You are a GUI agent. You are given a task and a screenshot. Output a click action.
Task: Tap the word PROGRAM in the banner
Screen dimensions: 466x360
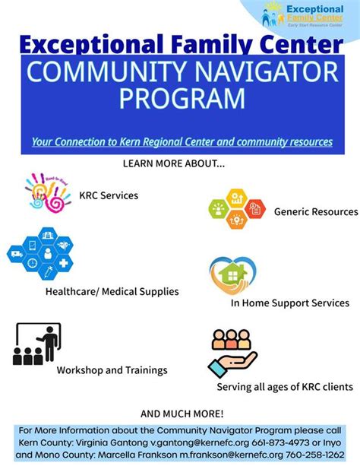(180, 99)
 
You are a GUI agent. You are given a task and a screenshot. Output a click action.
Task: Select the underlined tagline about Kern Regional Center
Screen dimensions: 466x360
(182, 141)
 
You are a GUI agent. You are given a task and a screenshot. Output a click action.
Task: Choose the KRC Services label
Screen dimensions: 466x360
(109, 195)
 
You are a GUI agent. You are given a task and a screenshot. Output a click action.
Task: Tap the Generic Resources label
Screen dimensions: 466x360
(315, 211)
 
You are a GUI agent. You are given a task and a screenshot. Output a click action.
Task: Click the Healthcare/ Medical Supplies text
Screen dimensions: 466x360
(112, 291)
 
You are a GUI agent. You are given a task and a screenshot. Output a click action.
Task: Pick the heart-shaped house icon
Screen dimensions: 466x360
(233, 274)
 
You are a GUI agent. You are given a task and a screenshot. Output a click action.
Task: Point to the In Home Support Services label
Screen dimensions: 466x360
(289, 303)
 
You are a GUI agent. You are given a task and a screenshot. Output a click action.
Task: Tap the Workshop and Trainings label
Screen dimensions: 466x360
(112, 370)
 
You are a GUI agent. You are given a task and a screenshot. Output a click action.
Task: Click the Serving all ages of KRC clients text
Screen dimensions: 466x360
(284, 387)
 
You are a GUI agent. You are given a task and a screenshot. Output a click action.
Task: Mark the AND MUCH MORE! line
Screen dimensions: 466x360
(182, 414)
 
